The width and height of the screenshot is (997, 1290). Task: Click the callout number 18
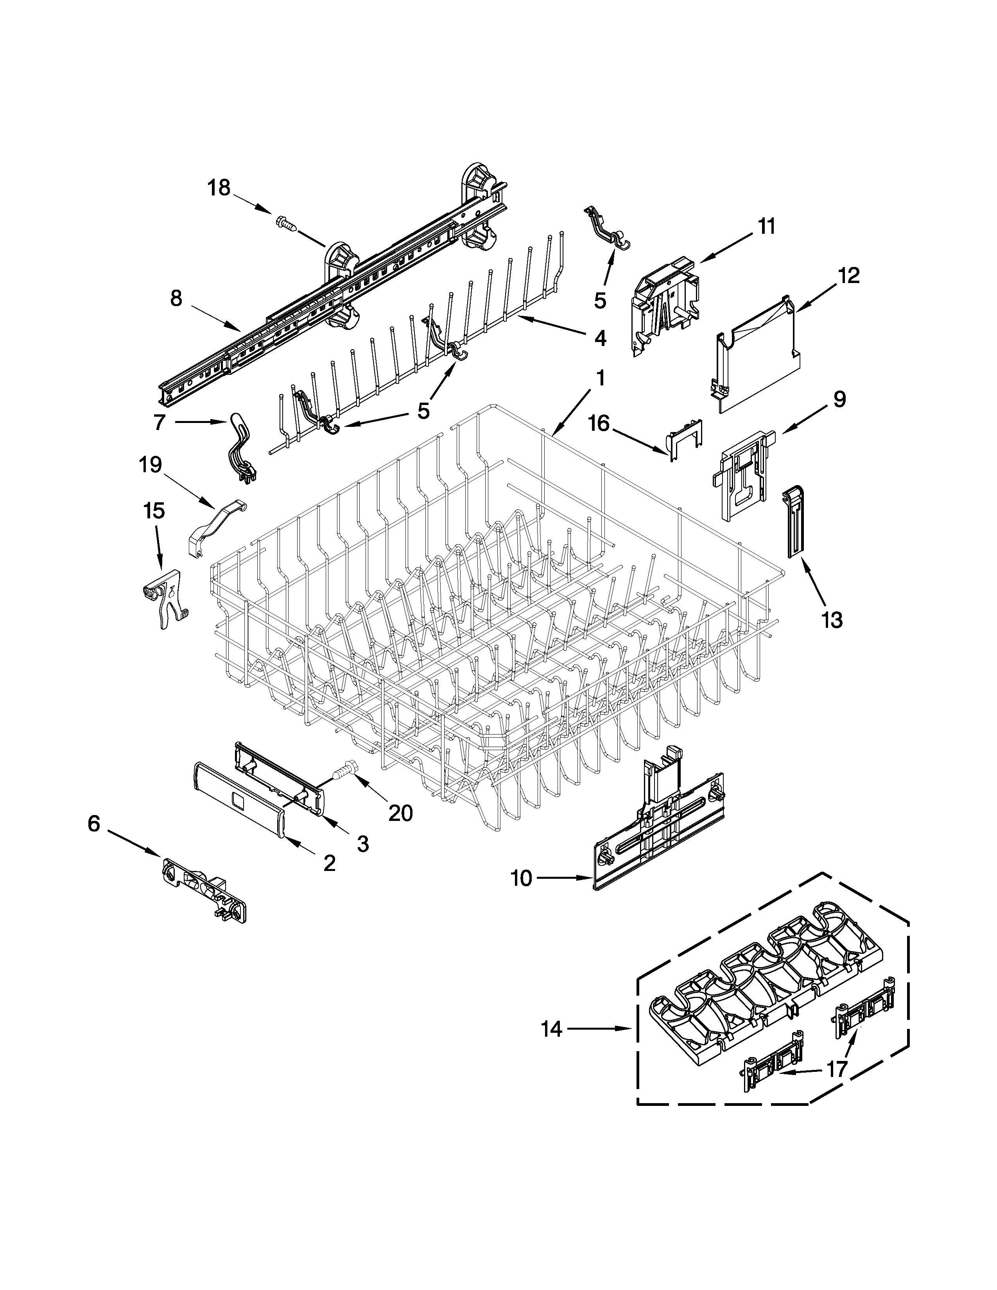tap(219, 188)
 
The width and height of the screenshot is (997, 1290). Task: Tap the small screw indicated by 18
tap(285, 223)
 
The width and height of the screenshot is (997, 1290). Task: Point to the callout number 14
tap(552, 1030)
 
